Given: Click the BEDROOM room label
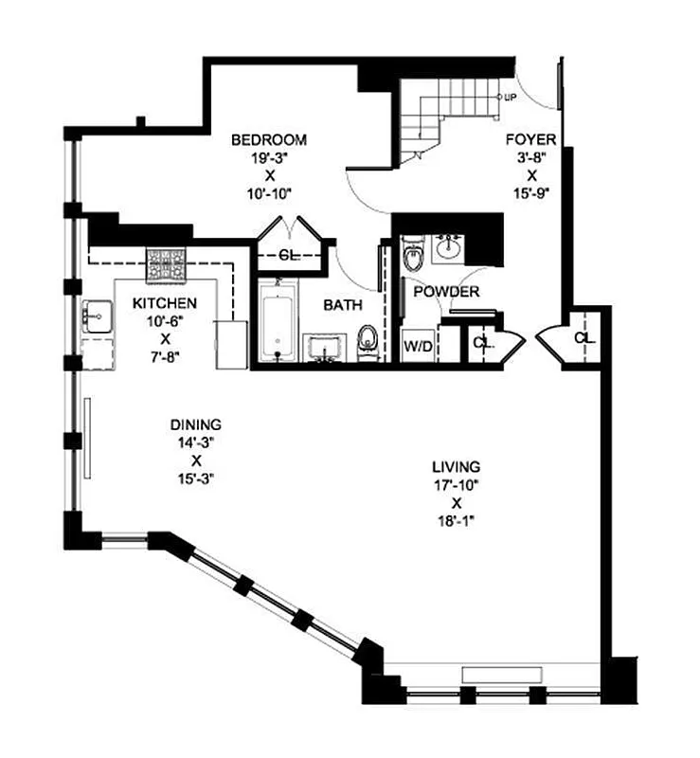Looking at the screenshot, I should pyautogui.click(x=270, y=140).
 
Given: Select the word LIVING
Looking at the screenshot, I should pyautogui.click(x=456, y=466).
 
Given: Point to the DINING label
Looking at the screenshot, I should pyautogui.click(x=195, y=424).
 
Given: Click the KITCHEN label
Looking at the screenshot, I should pyautogui.click(x=165, y=303).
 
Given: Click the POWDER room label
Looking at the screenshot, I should pyautogui.click(x=445, y=292).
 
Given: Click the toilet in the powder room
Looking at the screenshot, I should pyautogui.click(x=413, y=255).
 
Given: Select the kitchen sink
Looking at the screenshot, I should pyautogui.click(x=95, y=316).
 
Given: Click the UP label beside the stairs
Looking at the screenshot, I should pyautogui.click(x=510, y=98).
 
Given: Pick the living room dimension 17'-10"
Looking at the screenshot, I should pyautogui.click(x=456, y=484).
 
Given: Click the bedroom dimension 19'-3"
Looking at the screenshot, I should pyautogui.click(x=270, y=158).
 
